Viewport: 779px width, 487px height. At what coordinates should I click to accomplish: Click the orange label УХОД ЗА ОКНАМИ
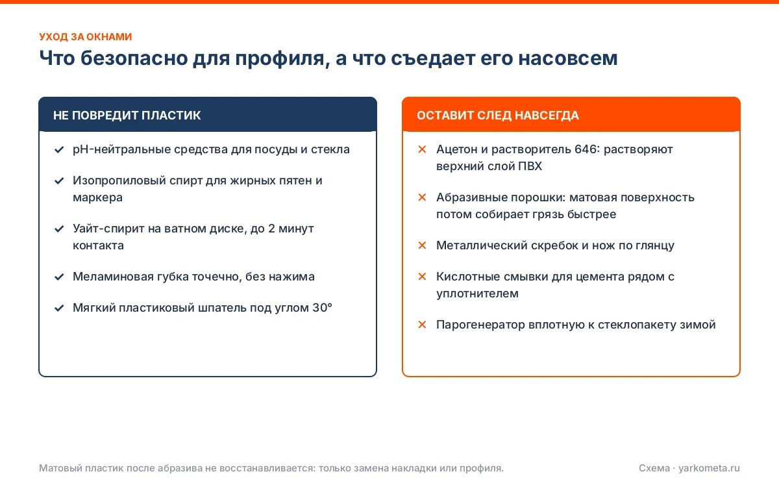[86, 36]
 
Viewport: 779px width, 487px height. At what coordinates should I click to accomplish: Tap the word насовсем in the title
[568, 58]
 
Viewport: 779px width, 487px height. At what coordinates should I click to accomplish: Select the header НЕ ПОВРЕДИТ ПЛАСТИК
[127, 115]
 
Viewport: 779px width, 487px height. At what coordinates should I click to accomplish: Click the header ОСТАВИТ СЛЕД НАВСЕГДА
[498, 115]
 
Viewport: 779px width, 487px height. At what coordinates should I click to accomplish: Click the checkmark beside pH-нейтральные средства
[59, 149]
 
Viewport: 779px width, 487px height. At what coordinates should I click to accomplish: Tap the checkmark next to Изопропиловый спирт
[59, 181]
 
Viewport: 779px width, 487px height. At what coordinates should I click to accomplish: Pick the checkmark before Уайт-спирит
[59, 229]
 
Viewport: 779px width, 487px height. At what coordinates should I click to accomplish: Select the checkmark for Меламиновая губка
[59, 277]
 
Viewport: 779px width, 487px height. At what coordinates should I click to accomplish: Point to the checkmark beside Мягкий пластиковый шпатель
[59, 308]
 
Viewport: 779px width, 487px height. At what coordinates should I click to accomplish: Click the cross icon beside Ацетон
[422, 149]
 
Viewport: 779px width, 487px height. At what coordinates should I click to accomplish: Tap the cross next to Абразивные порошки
[422, 197]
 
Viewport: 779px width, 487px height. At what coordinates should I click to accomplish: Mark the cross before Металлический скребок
[422, 245]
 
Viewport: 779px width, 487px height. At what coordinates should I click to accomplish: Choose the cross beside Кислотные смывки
[422, 277]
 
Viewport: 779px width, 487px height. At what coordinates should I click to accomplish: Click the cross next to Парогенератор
[422, 325]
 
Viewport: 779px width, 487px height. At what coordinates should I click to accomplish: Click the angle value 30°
[323, 308]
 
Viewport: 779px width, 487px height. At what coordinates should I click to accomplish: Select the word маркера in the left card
[98, 198]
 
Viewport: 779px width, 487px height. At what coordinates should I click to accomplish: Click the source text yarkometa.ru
[709, 468]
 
